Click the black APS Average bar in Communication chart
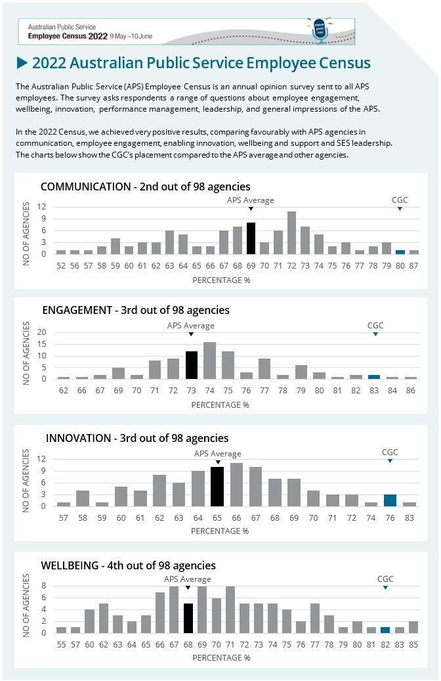[251, 238]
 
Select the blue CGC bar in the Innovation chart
[390, 500]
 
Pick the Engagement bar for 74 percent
[209, 361]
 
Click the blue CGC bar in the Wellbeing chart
[385, 630]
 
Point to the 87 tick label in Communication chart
[413, 265]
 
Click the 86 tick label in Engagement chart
[411, 391]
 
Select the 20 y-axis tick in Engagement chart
[41, 332]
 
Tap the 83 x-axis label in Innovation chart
[409, 517]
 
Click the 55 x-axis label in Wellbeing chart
[61, 644]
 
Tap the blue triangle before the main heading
[22, 63]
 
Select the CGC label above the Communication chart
[400, 200]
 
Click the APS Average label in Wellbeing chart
[188, 579]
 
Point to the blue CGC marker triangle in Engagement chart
[375, 334]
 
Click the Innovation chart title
[137, 438]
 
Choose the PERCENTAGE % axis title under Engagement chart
[220, 405]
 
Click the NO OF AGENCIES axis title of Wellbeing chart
[26, 605]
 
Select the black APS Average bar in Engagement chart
[192, 365]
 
